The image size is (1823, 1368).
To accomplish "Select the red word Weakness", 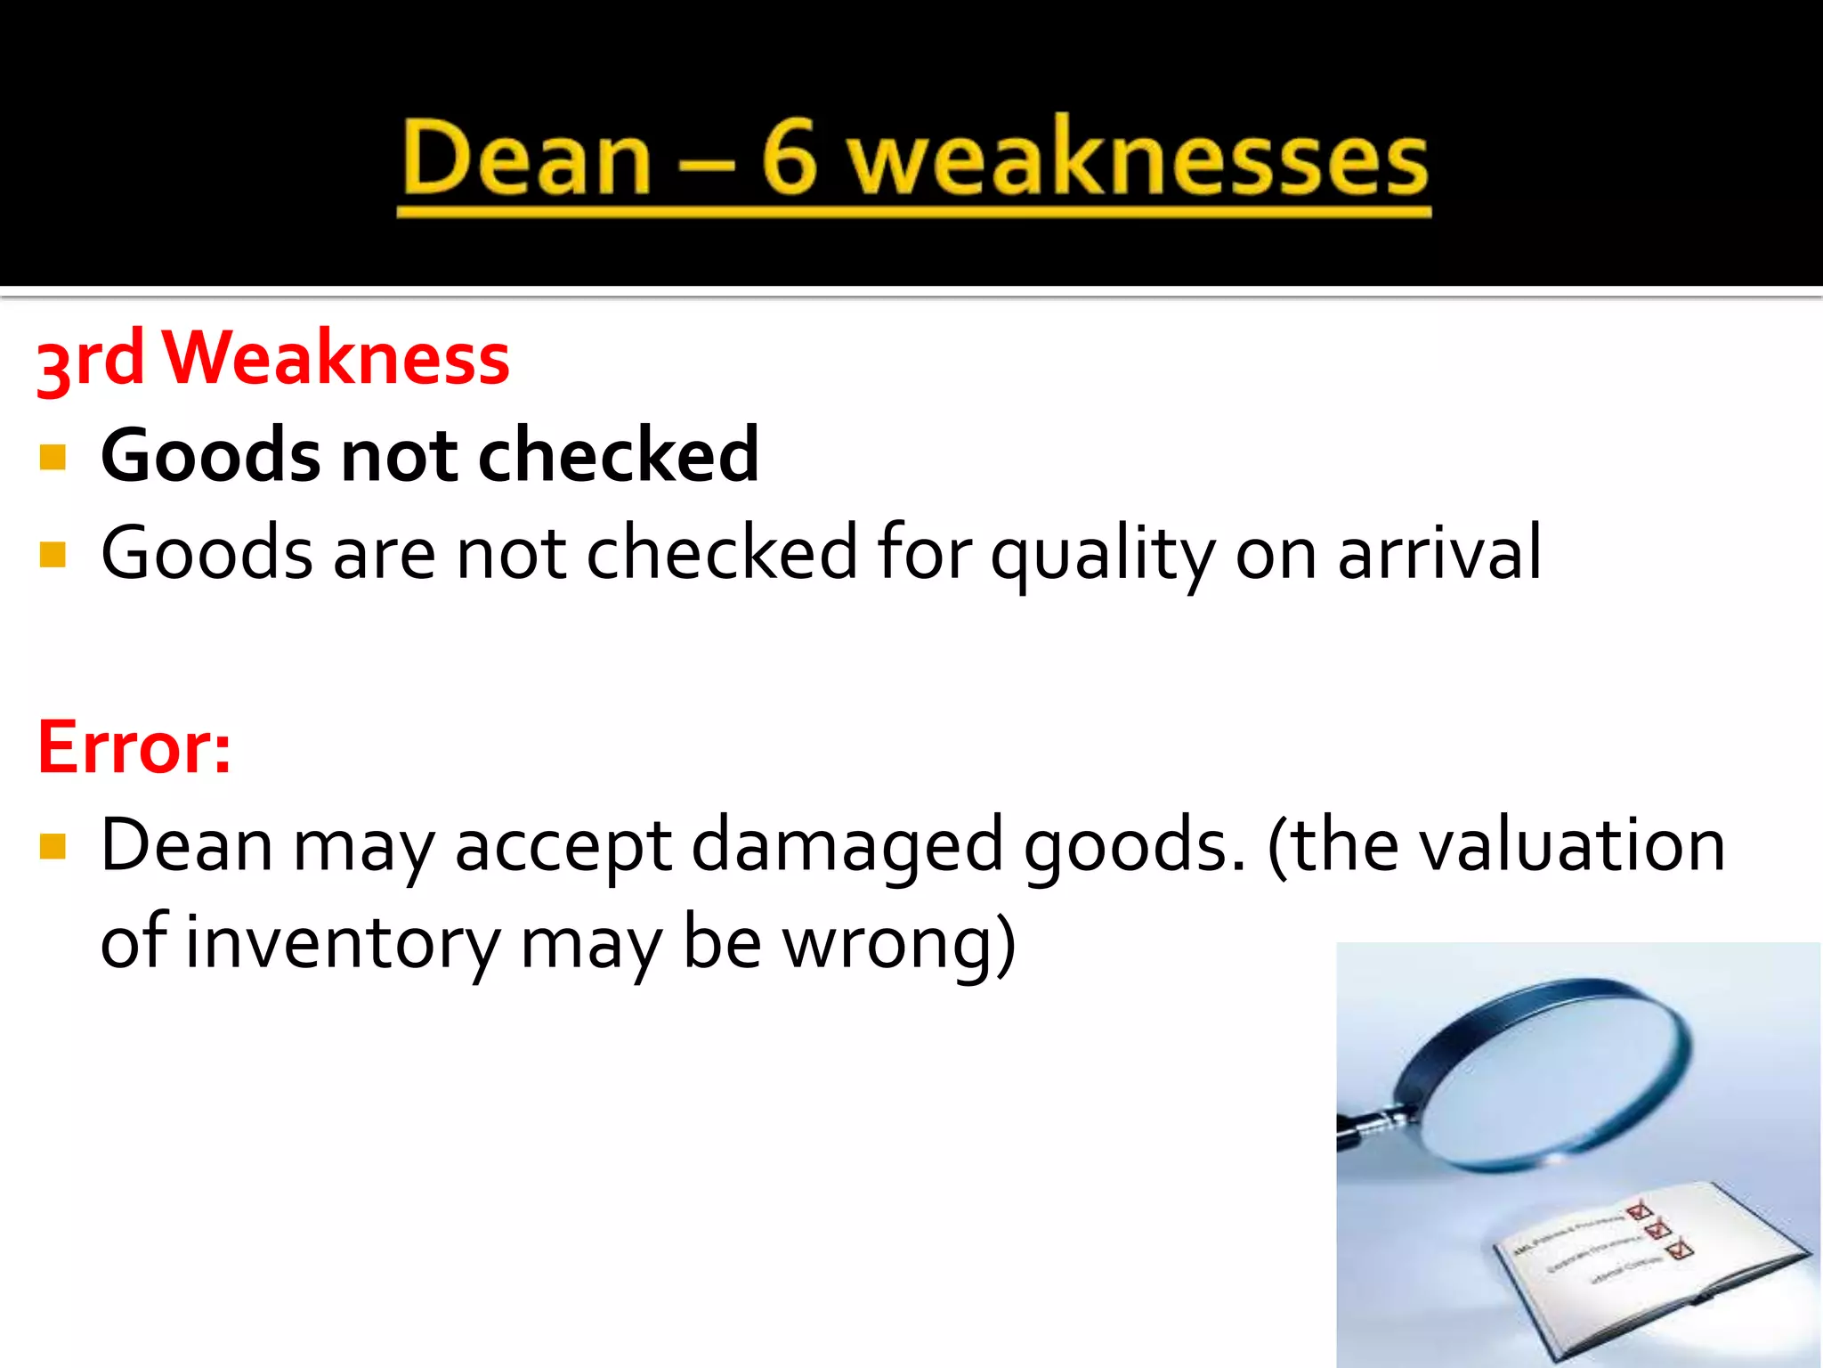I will [336, 358].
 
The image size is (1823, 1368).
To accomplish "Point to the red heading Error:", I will [134, 746].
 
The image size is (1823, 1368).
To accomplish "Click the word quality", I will [1102, 554].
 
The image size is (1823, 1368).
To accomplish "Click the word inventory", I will [344, 942].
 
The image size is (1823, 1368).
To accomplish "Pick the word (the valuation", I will [1496, 844].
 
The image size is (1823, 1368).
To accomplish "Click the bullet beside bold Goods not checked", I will [53, 457].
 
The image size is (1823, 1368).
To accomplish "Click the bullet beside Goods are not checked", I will [53, 555].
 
